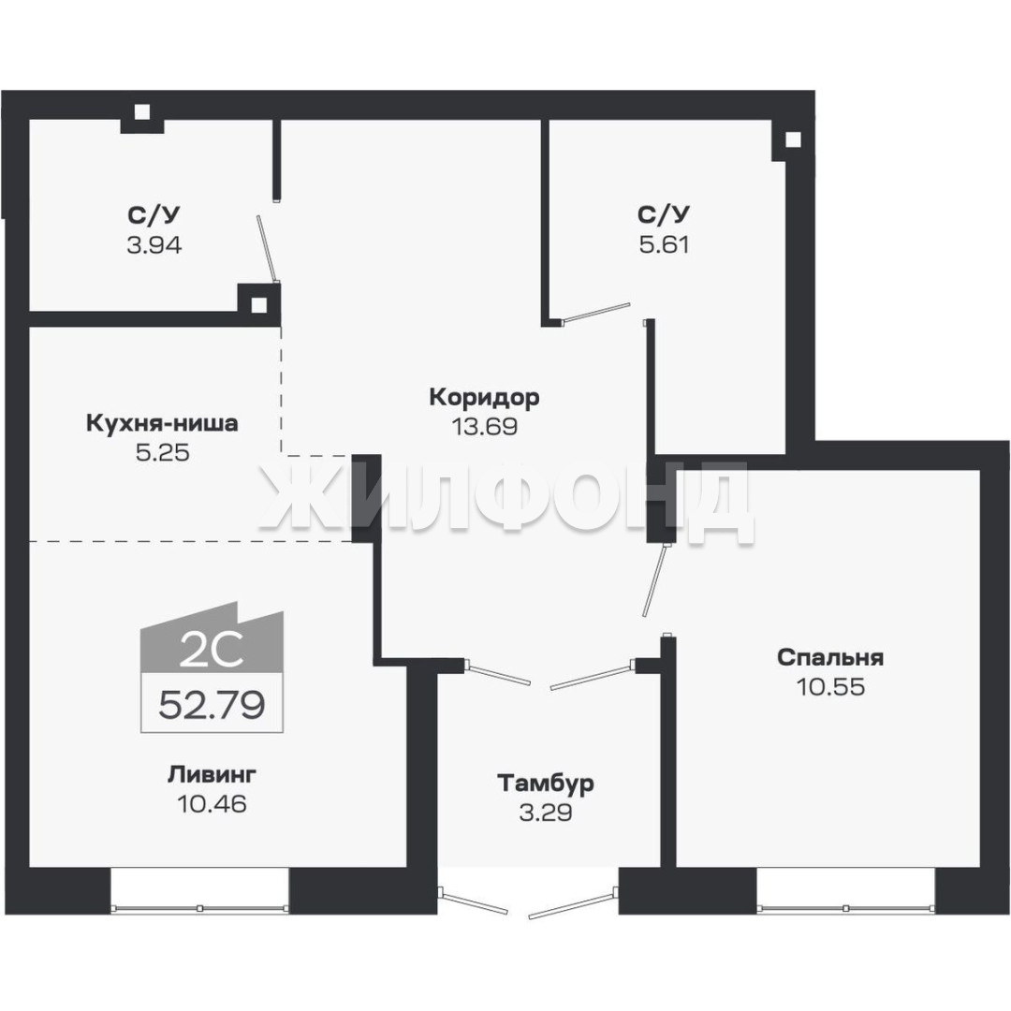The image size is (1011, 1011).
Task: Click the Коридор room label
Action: [484, 398]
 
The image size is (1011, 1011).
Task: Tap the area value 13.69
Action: [484, 427]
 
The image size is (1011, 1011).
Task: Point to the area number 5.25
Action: [163, 453]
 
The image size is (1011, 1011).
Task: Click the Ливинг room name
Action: [212, 774]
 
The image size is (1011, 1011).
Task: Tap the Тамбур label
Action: [546, 784]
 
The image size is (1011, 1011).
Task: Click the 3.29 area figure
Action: [546, 813]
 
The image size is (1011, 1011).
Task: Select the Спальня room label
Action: [830, 658]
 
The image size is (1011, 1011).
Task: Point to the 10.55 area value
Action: [830, 687]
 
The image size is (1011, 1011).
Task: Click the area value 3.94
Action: [154, 245]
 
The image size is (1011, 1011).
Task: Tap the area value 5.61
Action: [665, 245]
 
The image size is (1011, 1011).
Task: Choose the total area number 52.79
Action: [212, 705]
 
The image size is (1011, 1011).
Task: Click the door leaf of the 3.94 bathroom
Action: [267, 249]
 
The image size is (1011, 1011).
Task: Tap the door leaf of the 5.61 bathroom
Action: [596, 312]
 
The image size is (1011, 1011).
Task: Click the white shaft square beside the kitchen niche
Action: [258, 305]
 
